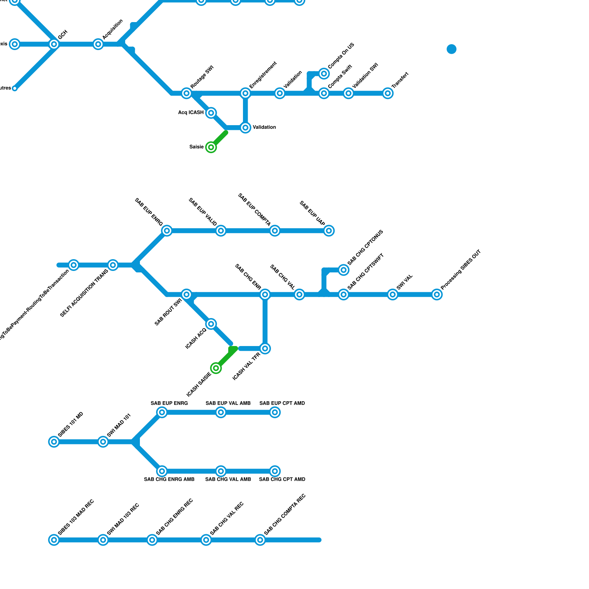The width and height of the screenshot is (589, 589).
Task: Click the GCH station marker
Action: click(x=54, y=44)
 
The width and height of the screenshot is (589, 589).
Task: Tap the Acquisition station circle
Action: click(x=98, y=44)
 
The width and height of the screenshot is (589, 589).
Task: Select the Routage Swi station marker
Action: click(x=187, y=93)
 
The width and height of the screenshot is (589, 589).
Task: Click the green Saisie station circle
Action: click(x=211, y=147)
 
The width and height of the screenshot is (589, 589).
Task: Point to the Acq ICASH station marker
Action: click(x=211, y=113)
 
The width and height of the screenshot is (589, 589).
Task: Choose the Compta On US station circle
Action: click(x=324, y=74)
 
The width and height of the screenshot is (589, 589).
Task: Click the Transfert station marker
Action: click(x=388, y=93)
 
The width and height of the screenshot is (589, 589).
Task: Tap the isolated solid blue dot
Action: click(x=452, y=49)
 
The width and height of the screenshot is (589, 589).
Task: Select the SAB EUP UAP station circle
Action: click(x=329, y=231)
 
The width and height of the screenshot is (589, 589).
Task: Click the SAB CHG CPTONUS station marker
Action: click(x=343, y=270)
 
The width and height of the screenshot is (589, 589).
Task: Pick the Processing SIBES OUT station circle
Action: click(x=437, y=294)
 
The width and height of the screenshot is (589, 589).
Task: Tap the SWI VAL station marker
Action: click(x=393, y=294)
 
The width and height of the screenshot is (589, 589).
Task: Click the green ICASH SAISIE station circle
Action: click(x=216, y=368)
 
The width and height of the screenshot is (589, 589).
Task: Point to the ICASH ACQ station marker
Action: click(x=211, y=324)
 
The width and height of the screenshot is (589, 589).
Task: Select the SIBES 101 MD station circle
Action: click(x=54, y=442)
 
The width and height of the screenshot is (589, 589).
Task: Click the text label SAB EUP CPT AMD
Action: click(x=282, y=403)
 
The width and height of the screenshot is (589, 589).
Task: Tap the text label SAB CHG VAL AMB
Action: click(x=228, y=479)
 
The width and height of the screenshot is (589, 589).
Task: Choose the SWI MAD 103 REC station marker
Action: click(x=103, y=540)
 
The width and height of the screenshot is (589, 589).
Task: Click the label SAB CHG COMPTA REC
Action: click(x=285, y=515)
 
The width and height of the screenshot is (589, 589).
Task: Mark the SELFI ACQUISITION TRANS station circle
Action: click(x=113, y=265)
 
